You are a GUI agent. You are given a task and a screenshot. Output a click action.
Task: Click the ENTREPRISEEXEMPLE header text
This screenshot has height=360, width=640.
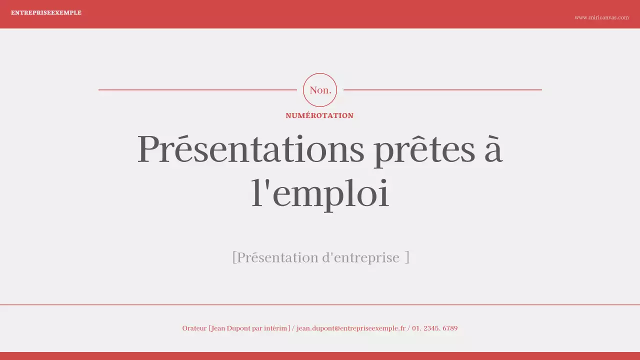46,13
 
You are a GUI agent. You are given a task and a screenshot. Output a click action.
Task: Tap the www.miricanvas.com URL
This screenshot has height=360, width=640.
601,17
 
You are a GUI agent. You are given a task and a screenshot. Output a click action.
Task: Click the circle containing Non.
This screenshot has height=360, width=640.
320,90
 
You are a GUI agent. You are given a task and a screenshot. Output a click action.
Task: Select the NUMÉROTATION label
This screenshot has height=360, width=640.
319,115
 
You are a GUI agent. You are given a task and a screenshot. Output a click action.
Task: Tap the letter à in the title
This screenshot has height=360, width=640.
493,149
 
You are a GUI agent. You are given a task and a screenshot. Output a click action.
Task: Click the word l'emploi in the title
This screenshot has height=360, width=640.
320,193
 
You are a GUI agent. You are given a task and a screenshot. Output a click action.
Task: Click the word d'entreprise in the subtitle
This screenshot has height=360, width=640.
360,258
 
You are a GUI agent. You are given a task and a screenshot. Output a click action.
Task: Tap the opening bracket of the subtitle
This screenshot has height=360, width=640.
234,258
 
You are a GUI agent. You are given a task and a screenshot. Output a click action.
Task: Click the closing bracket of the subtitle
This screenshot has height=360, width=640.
407,258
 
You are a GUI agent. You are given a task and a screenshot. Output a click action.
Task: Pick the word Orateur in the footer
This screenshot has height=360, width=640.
194,328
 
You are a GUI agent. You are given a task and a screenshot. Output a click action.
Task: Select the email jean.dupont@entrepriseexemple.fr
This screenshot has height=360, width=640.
351,328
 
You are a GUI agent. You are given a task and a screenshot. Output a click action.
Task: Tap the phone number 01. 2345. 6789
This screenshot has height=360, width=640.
434,328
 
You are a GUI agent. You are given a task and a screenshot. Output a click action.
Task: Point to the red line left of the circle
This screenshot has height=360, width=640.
197,90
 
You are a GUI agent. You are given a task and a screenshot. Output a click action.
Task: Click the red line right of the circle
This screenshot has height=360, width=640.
442,90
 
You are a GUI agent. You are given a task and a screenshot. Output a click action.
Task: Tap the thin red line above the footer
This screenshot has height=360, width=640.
320,304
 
